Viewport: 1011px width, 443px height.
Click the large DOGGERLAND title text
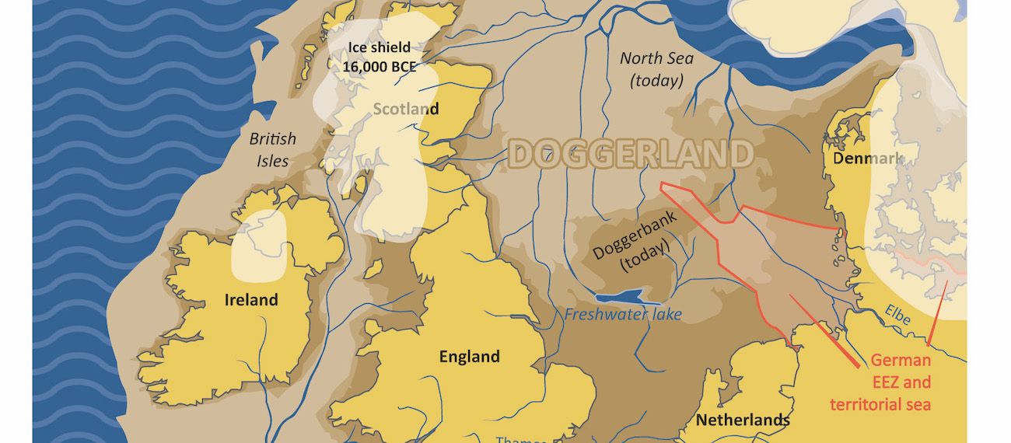pyautogui.click(x=631, y=154)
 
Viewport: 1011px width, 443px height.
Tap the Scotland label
pyautogui.click(x=405, y=109)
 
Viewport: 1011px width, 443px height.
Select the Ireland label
pyautogui.click(x=251, y=300)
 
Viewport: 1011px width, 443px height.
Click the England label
pyautogui.click(x=469, y=358)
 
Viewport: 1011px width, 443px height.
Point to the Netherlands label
pyautogui.click(x=743, y=420)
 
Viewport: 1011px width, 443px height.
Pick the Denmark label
pyautogui.click(x=868, y=159)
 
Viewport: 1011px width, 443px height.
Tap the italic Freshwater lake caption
pyautogui.click(x=623, y=315)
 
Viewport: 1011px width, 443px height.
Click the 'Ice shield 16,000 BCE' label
pyautogui.click(x=380, y=57)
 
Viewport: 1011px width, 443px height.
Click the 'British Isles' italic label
pyautogui.click(x=272, y=150)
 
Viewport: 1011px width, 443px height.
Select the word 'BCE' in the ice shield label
pyautogui.click(x=401, y=67)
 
